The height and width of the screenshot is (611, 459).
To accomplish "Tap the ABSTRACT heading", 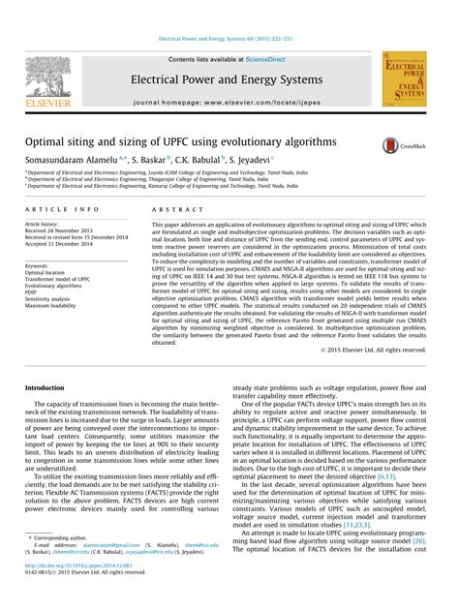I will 172,209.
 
